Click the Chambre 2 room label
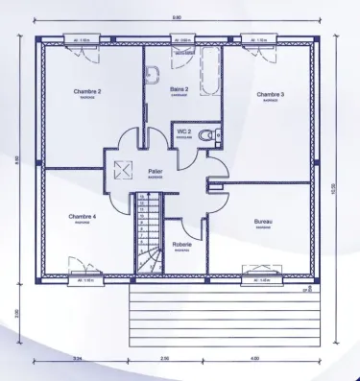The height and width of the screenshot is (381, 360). click(x=87, y=91)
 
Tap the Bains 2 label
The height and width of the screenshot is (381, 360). click(x=179, y=88)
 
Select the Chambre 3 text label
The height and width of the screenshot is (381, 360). click(x=270, y=95)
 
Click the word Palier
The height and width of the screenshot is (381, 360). click(x=155, y=172)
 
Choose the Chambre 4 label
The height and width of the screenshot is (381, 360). click(x=83, y=217)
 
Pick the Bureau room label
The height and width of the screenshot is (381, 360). click(x=263, y=222)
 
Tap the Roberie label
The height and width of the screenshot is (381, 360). click(x=181, y=244)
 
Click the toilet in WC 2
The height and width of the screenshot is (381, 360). click(x=215, y=133)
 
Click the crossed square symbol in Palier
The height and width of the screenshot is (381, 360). click(x=122, y=171)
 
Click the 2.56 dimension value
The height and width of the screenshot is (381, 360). click(x=164, y=358)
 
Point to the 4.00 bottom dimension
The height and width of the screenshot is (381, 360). click(x=253, y=358)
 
